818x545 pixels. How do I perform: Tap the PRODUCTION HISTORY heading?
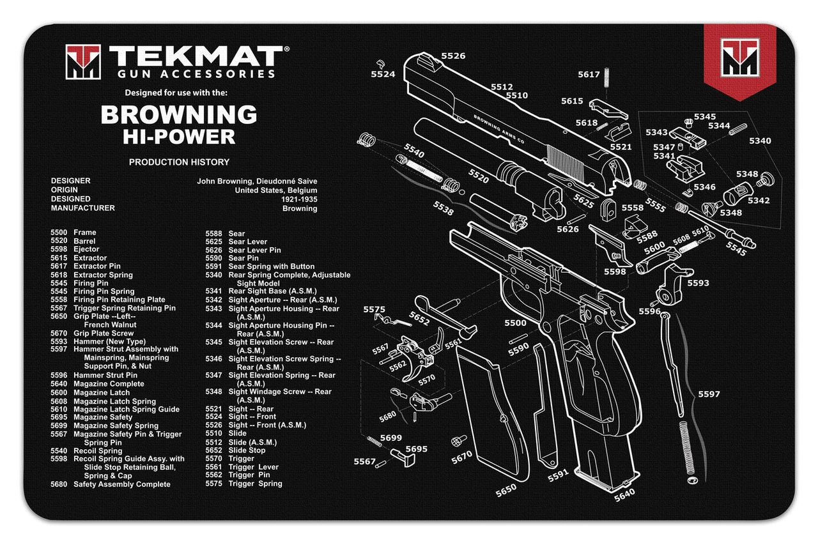click(179, 162)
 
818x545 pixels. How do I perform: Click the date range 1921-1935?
click(299, 199)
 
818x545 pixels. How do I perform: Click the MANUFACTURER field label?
click(83, 208)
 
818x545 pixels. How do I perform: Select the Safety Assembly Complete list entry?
click(121, 484)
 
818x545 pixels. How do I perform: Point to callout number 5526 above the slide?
click(452, 56)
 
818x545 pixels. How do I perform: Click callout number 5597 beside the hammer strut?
click(709, 394)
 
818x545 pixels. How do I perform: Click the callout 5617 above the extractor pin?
click(589, 75)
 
